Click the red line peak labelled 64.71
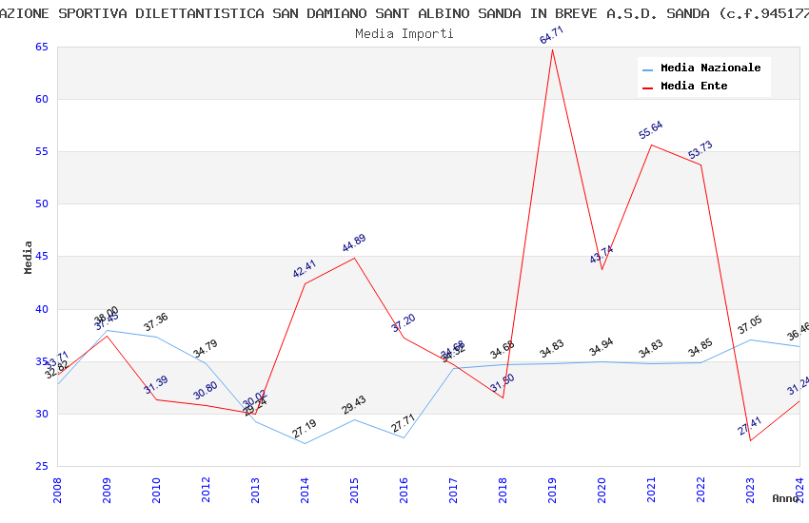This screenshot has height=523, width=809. (x=552, y=48)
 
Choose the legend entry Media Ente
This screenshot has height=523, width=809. (x=694, y=87)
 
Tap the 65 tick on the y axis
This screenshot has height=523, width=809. (x=41, y=48)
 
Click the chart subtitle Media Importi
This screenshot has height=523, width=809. (x=404, y=33)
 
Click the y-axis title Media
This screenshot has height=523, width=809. (x=29, y=257)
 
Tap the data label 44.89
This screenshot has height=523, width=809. (x=354, y=243)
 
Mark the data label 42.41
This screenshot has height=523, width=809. (x=305, y=269)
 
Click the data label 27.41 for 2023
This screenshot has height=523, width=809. (x=750, y=426)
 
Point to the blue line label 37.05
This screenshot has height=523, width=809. (x=750, y=325)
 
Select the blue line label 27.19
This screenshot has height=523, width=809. (x=305, y=429)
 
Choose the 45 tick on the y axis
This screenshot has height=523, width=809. (x=41, y=257)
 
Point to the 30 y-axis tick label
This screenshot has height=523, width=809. (x=41, y=414)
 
